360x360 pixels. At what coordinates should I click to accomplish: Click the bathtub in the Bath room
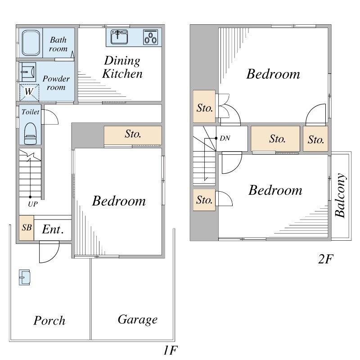pos(31,43)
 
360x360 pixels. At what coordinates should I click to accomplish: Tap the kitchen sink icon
pos(119,37)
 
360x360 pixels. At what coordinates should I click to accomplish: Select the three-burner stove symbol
pos(151,37)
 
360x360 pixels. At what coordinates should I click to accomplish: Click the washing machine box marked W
pos(29,93)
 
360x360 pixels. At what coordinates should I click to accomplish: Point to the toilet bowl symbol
pos(30,134)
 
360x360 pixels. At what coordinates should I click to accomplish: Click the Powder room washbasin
pos(27,72)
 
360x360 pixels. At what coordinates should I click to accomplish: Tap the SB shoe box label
pos(27,228)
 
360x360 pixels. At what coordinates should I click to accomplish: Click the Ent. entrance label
pos(53,229)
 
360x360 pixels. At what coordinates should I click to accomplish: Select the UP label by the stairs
pos(33,204)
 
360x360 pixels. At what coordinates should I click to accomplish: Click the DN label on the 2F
pos(225,138)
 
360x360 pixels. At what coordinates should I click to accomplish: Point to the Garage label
pos(138,319)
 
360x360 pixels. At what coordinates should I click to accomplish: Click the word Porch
pos(49,320)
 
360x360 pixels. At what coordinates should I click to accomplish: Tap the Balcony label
pos(340,195)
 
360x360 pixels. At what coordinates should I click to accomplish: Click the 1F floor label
pos(170,350)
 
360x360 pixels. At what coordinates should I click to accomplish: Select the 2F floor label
pos(325,259)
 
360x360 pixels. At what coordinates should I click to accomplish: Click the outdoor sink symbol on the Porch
pos(24,277)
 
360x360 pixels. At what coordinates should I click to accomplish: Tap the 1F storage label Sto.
pos(133,134)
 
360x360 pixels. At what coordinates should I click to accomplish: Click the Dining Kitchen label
pos(122,67)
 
